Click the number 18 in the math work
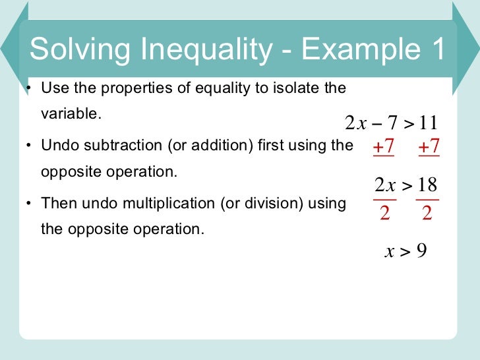[x=428, y=185]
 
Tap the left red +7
[x=383, y=147]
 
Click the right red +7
[x=429, y=147]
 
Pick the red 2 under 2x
[x=384, y=214]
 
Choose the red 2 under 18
[x=427, y=214]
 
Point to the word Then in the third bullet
[x=56, y=203]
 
